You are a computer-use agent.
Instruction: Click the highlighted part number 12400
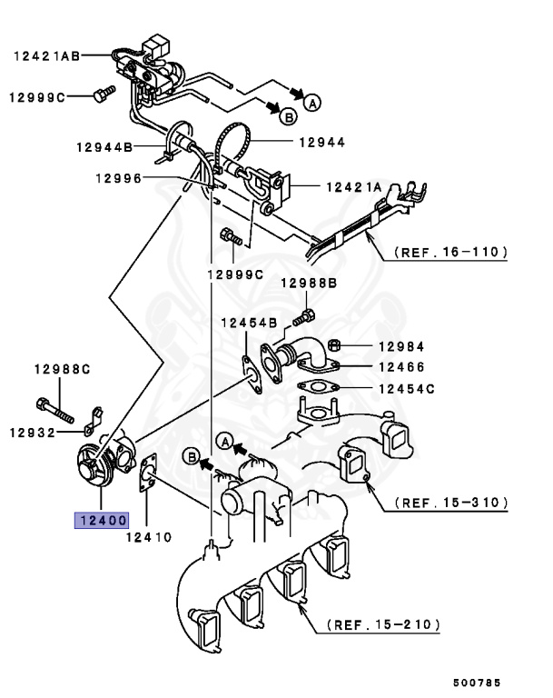[102, 522]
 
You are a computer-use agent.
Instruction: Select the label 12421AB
[46, 55]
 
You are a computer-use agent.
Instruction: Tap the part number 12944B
[104, 146]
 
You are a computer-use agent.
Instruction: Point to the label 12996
[118, 179]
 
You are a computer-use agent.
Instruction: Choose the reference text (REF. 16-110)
[449, 252]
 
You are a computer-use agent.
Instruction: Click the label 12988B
[308, 284]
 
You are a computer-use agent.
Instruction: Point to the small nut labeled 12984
[333, 345]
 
